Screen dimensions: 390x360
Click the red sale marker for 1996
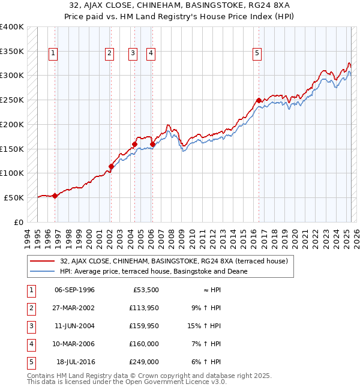point(55,195)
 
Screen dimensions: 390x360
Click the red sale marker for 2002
point(111,166)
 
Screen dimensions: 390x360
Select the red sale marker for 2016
point(259,100)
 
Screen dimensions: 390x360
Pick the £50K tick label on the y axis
point(14,197)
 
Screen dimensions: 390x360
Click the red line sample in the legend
point(43,262)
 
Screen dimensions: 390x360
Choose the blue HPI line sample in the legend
point(43,271)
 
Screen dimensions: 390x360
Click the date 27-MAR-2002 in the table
point(74,308)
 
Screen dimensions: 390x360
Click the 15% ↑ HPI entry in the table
point(208,326)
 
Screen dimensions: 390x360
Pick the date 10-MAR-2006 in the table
point(74,344)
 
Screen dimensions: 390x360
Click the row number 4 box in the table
point(31,344)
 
